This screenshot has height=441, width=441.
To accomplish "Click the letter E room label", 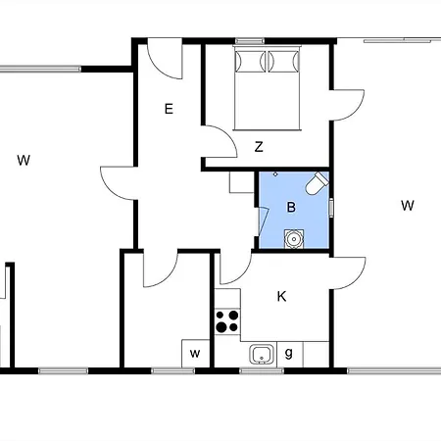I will click(169, 109).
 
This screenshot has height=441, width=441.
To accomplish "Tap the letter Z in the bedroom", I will click(259, 148).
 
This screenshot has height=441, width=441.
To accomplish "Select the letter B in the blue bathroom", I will click(291, 207).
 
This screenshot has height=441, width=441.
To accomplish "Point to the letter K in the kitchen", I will click(282, 296).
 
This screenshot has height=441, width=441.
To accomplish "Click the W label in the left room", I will click(23, 160).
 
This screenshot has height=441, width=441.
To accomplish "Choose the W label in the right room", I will click(408, 205).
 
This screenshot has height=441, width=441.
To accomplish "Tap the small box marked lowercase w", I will click(196, 353).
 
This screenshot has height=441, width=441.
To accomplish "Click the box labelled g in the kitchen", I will click(288, 353).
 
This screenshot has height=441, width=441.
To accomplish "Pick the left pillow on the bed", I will click(249, 62).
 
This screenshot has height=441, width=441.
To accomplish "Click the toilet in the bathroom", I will click(314, 184).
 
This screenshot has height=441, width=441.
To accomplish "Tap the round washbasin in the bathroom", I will click(292, 237).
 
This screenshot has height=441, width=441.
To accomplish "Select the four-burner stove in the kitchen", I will click(227, 320).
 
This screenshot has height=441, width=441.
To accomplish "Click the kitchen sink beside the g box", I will click(261, 354).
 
